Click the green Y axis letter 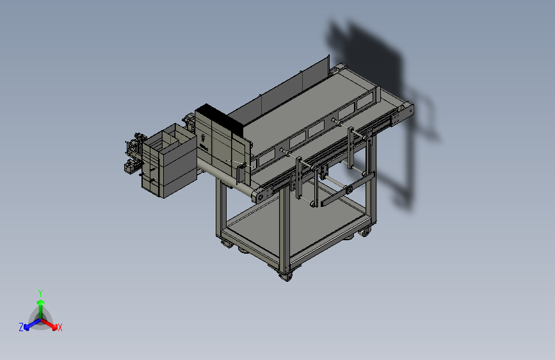click(40, 292)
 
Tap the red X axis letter click(60, 327)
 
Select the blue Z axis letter click(21, 327)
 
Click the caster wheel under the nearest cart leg click(286, 275)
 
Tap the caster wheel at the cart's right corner click(366, 231)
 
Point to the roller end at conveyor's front click(259, 195)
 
